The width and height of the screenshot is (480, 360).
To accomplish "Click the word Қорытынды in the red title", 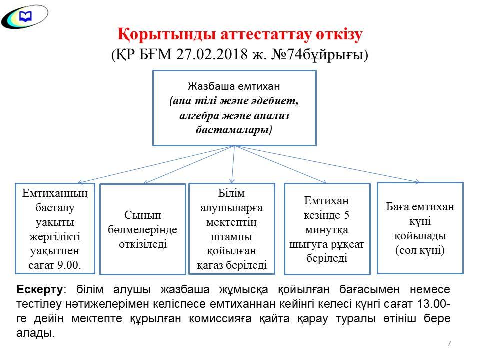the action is pos(167,34).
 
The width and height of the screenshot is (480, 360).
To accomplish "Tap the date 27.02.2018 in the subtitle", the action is pos(212,55).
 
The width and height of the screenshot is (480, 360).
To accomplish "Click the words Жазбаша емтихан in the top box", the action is pos(234,86).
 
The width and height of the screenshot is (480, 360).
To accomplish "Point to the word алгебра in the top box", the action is pos(199,116).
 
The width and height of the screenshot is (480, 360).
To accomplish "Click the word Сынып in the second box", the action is pos(142,215).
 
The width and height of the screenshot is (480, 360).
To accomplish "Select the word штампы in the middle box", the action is pos(231,237).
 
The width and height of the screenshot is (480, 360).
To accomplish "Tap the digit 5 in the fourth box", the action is pos(346,215).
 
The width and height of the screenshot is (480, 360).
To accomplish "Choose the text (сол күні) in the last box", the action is pos(420,250).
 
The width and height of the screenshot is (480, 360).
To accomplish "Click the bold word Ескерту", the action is pos(40,289).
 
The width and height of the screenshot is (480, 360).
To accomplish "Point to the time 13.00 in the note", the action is pos(432,304).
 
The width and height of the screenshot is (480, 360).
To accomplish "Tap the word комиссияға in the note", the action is pos(220,319).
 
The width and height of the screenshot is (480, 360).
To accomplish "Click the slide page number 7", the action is pos(449,343).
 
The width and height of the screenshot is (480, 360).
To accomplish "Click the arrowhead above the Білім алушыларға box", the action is pos(232,180).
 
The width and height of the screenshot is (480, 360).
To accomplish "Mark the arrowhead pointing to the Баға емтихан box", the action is pos(416,182).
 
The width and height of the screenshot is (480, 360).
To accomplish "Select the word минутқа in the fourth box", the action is pos(327,230).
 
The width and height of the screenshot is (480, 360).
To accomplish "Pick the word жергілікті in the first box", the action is pos(55,237).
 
